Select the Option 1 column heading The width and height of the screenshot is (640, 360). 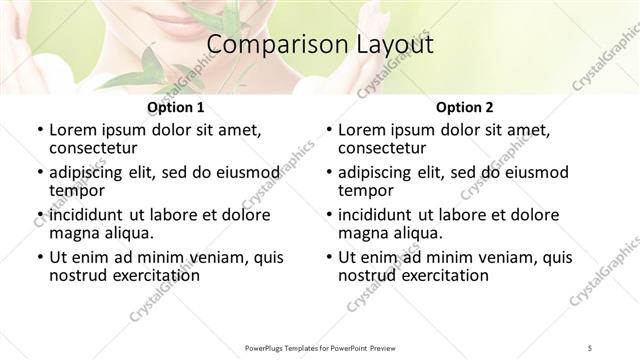tap(176, 107)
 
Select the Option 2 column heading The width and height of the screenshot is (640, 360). tap(465, 107)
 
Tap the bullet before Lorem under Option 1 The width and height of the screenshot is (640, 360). tap(39, 130)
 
